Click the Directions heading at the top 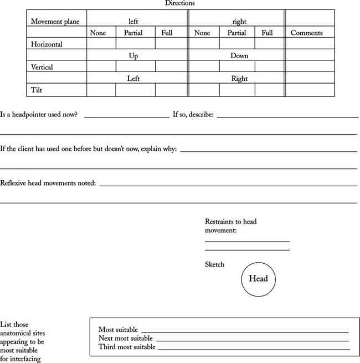click(179, 3)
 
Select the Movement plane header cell click(55, 22)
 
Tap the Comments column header click(306, 33)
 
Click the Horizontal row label click(47, 44)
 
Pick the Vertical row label click(44, 67)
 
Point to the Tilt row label click(37, 90)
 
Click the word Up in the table click(133, 56)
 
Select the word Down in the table click(239, 56)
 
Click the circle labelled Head click(258, 279)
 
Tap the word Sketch click(215, 265)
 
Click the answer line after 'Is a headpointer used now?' click(126, 117)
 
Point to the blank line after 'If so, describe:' click(287, 117)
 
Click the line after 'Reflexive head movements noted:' click(228, 185)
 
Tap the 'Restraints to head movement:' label click(230, 226)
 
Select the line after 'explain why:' click(268, 151)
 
